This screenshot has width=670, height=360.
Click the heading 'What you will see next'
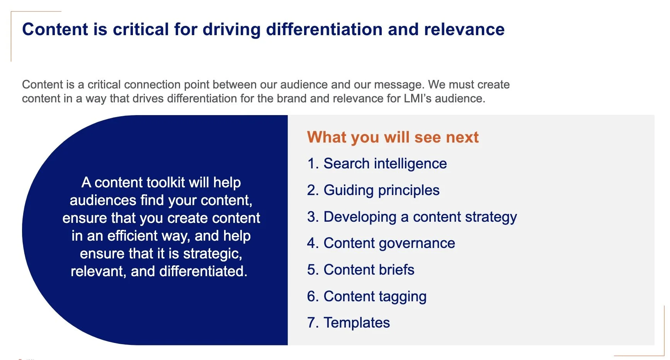pos(393,138)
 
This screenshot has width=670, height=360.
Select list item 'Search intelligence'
pos(385,164)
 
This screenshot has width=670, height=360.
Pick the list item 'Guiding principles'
pos(381,190)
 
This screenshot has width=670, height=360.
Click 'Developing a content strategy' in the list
pos(420,217)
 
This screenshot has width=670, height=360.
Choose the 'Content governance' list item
pos(389,243)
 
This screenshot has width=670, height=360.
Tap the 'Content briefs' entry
pos(369,270)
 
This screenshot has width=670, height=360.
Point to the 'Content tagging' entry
pos(375,297)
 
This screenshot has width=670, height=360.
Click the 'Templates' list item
pos(357,323)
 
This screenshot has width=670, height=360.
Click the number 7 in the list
pos(311,323)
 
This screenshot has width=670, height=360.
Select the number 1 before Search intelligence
pos(311,164)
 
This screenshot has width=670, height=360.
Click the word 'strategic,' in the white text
pos(213,254)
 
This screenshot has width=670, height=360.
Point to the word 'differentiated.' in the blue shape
pos(203,272)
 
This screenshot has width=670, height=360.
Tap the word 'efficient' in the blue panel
pos(133,236)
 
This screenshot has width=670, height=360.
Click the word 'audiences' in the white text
pos(103,200)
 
